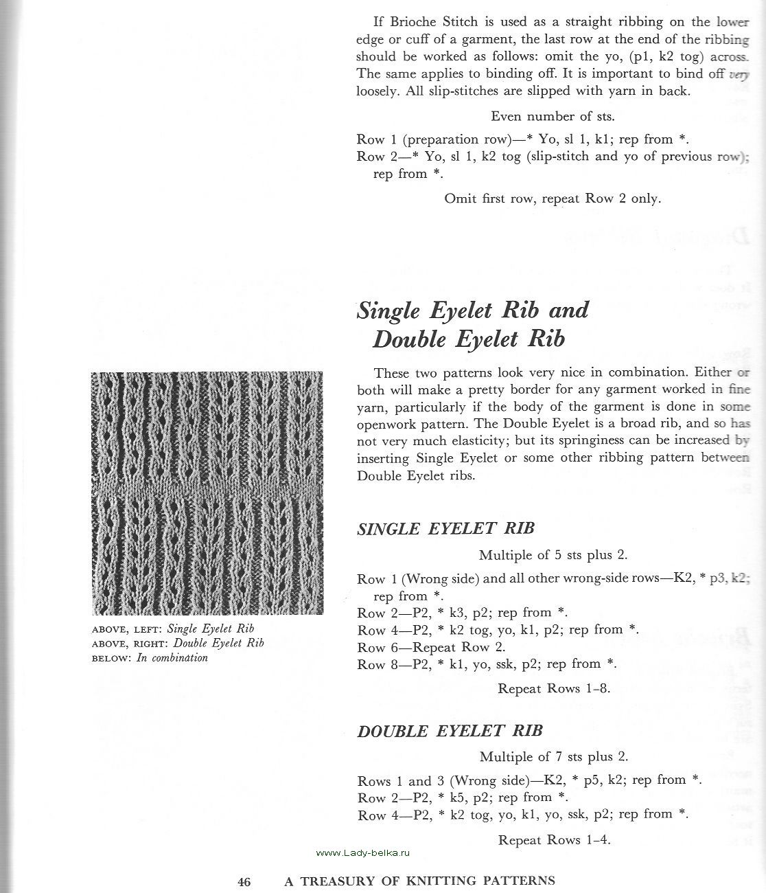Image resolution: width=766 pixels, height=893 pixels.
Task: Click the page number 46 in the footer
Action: (244, 881)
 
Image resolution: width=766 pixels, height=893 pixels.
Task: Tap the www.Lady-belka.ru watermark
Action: (363, 852)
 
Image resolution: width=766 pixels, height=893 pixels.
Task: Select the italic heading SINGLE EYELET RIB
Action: (445, 529)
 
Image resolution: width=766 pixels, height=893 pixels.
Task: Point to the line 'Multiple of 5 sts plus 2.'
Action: (553, 555)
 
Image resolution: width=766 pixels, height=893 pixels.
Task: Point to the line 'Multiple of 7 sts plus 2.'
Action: (553, 757)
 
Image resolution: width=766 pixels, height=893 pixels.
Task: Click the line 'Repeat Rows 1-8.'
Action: (553, 688)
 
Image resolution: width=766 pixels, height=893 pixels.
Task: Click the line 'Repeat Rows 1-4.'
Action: (554, 839)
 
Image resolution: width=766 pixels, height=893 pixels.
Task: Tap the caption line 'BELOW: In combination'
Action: (150, 658)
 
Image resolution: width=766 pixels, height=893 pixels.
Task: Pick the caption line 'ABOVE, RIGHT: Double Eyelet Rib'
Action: (177, 644)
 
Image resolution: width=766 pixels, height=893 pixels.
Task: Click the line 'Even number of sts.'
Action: (553, 117)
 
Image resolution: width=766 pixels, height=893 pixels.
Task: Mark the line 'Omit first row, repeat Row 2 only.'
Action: (553, 199)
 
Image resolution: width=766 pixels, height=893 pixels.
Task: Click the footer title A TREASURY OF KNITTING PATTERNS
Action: (419, 881)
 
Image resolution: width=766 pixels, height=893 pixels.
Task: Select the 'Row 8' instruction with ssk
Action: (487, 664)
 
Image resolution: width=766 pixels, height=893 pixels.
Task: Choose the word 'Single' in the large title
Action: (389, 310)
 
